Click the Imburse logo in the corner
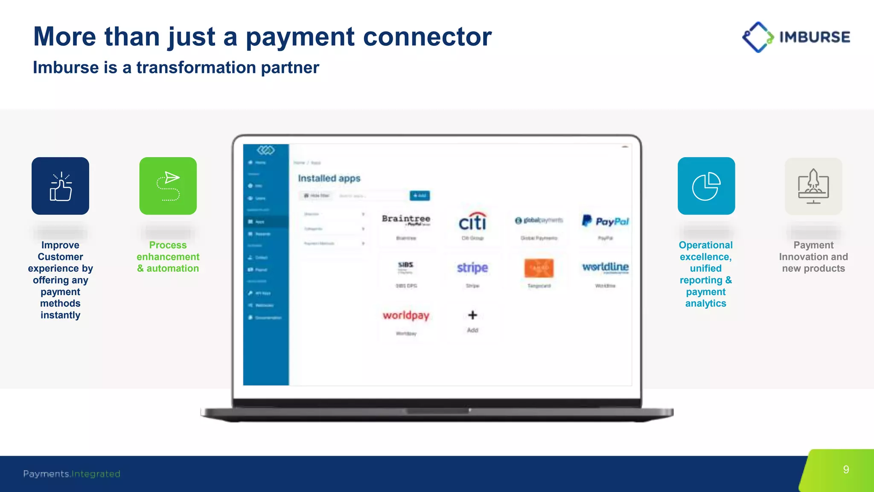coord(796,37)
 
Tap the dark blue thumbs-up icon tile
coord(60,186)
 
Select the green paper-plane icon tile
coord(168,186)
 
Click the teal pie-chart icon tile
coord(706,186)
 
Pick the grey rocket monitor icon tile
coord(813,186)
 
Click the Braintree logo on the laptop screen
coord(406,220)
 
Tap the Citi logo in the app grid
coord(472,222)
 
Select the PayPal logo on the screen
coord(605,221)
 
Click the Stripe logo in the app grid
coord(472,268)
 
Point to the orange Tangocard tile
coord(539,268)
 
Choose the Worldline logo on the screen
coord(605,267)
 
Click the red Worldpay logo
coord(406,315)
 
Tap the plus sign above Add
coord(472,315)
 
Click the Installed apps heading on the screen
coord(329,178)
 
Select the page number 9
coord(846,470)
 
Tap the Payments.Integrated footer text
coord(72,474)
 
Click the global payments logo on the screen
coord(539,220)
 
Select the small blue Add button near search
coord(420,196)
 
